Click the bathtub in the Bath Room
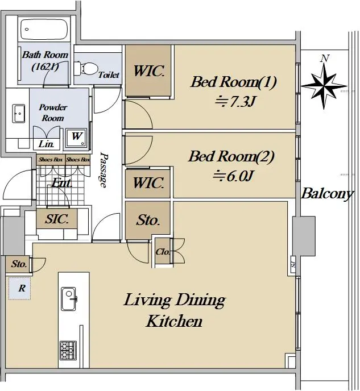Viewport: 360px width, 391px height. pos(44,30)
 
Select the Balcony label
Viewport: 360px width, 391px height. pos(327,194)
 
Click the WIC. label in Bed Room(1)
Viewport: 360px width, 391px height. pos(149,71)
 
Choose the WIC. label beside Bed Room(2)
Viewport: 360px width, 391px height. pos(148,183)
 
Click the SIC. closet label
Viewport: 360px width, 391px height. pos(57,219)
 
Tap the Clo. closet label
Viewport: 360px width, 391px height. pos(163,252)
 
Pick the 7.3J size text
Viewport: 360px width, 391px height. pos(235,101)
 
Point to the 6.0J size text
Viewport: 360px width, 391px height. pos(234,176)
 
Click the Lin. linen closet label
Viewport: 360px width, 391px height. pos(46,144)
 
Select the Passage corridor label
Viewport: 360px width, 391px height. pos(104,169)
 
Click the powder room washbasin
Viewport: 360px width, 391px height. pos(19,114)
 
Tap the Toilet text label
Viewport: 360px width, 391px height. pos(109,74)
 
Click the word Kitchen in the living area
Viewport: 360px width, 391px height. pos(174,321)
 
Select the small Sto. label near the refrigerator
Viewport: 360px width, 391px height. pos(19,264)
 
